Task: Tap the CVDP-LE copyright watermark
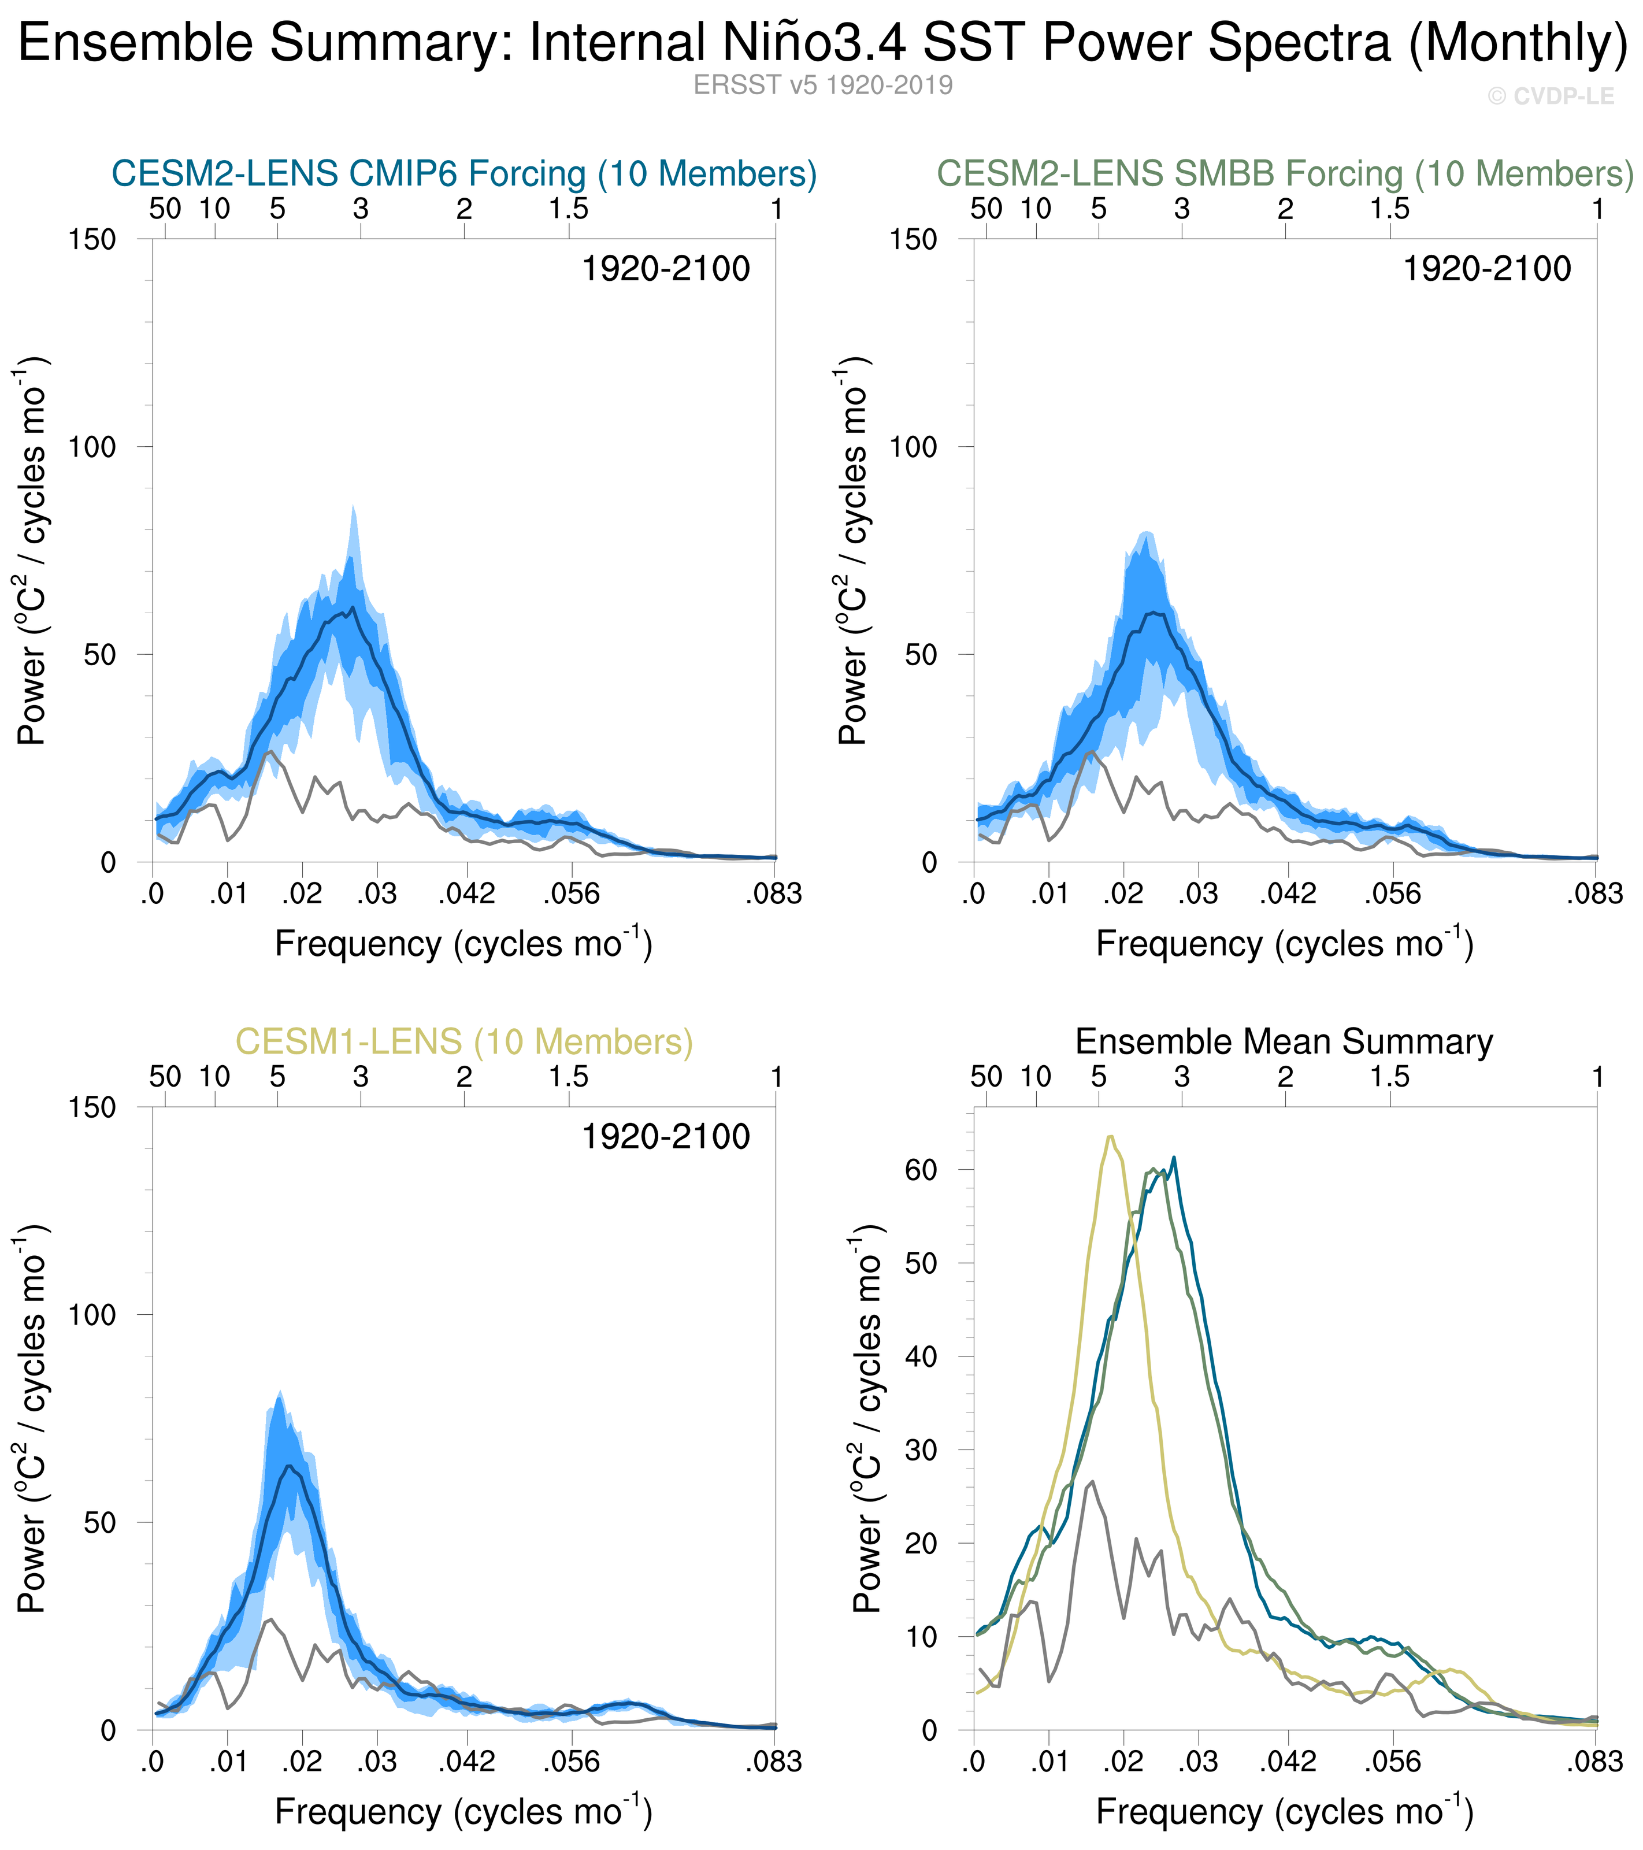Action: pyautogui.click(x=1551, y=96)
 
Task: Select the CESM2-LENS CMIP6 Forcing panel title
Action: pyautogui.click(x=463, y=173)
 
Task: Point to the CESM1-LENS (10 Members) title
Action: pyautogui.click(x=463, y=1042)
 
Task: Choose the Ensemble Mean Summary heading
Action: pyautogui.click(x=1284, y=1042)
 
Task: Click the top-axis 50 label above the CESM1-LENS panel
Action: pyautogui.click(x=165, y=1077)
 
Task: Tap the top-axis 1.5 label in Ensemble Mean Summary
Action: pyautogui.click(x=1389, y=1077)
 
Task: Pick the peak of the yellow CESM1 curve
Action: pyautogui.click(x=1110, y=1136)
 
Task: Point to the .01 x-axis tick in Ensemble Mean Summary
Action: pyautogui.click(x=1049, y=1762)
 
